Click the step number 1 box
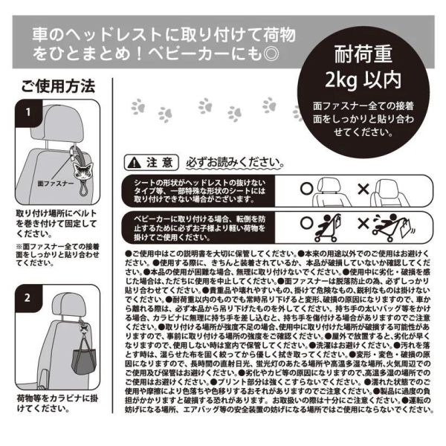pyautogui.click(x=27, y=113)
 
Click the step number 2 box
pyautogui.click(x=27, y=299)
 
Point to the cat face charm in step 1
pyautogui.click(x=75, y=158)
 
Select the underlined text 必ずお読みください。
pyautogui.click(x=234, y=162)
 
